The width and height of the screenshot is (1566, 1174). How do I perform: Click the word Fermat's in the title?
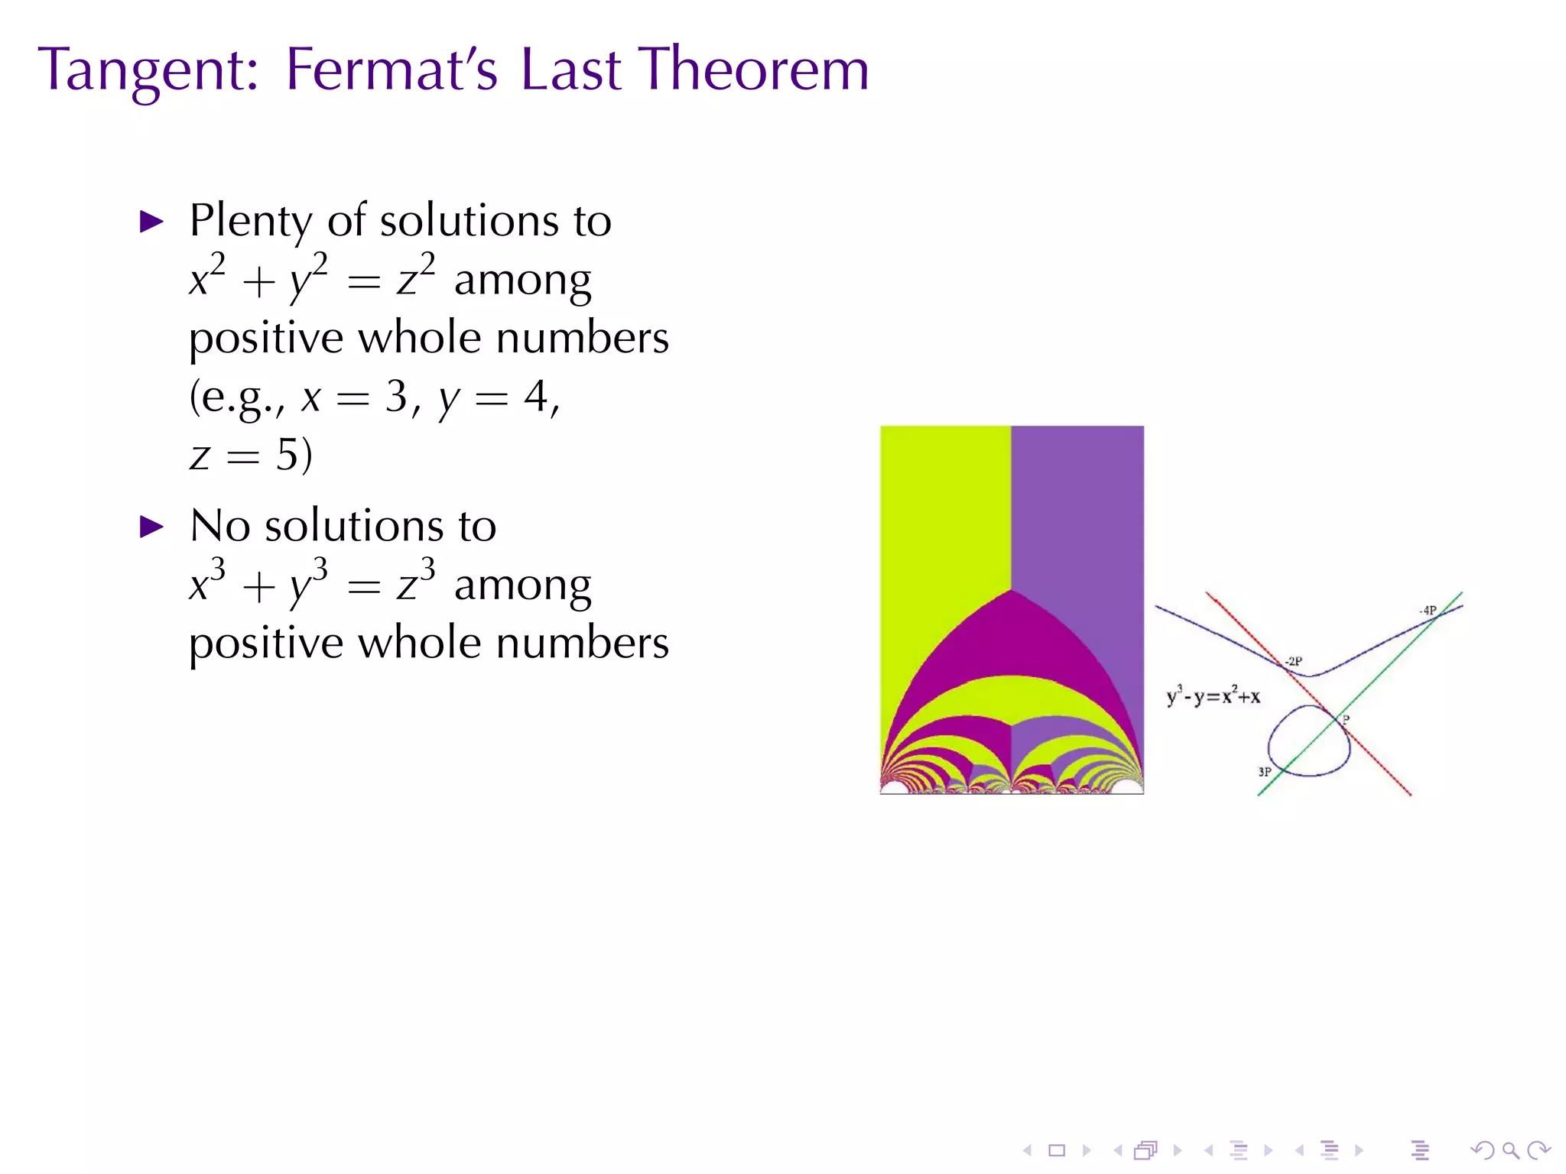(x=391, y=70)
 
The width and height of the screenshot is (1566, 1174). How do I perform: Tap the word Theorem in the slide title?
(x=754, y=70)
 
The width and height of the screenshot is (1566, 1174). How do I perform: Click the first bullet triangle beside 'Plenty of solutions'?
(x=152, y=222)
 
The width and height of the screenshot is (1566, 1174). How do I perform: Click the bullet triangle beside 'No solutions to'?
(x=152, y=527)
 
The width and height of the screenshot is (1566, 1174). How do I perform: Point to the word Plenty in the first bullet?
(x=250, y=222)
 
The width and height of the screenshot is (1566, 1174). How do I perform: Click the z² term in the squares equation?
(x=416, y=276)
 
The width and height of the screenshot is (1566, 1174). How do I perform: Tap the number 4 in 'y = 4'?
(x=535, y=397)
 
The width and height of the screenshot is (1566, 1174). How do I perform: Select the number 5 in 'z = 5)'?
(x=288, y=456)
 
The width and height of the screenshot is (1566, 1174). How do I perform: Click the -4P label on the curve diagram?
(x=1428, y=611)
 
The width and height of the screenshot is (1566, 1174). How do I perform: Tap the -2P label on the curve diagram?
(x=1293, y=661)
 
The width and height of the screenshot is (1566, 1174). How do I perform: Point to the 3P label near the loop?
(x=1265, y=772)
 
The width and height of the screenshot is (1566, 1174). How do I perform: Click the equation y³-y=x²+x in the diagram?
(x=1213, y=696)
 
